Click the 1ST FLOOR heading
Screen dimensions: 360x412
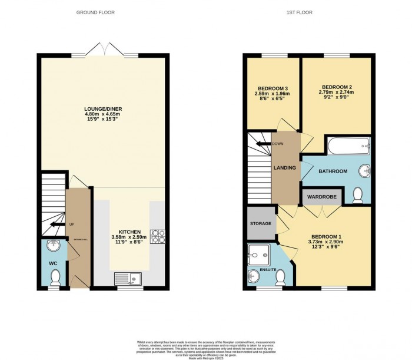point(308,12)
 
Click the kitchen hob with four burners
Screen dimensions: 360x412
point(158,236)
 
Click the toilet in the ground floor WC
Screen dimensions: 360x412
point(55,276)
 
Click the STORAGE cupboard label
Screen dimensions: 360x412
point(261,223)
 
